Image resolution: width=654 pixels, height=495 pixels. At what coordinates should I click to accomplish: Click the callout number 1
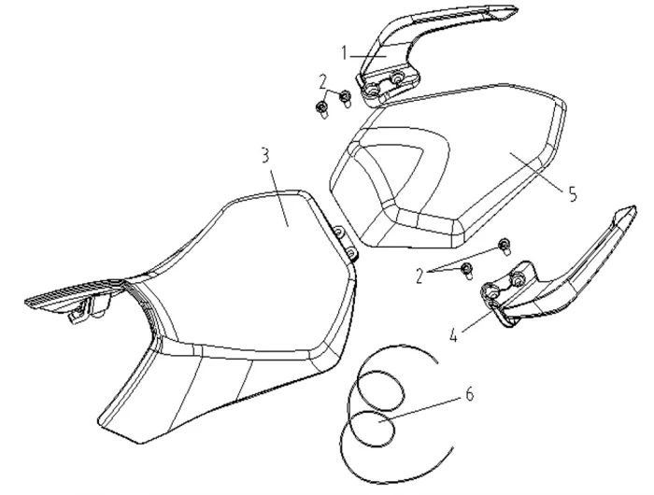[344, 53]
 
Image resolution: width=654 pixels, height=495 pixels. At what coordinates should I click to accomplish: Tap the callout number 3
[265, 155]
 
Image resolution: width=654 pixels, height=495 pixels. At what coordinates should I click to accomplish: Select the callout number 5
[572, 194]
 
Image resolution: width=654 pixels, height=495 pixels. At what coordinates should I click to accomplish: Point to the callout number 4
[455, 335]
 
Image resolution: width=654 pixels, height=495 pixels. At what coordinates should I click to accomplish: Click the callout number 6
[470, 393]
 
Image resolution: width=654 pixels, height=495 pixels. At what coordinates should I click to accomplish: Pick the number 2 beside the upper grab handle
[323, 82]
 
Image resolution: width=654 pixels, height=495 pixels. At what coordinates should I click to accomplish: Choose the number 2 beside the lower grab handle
[420, 276]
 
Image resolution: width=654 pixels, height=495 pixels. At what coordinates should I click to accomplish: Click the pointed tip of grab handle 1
[517, 8]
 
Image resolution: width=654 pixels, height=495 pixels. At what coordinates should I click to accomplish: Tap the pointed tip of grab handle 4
[634, 207]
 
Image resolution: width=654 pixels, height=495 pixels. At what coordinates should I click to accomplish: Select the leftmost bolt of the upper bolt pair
[322, 109]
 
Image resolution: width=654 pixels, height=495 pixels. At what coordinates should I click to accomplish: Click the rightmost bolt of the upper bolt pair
[346, 98]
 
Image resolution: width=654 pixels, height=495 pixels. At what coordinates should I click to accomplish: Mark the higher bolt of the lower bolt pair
[505, 245]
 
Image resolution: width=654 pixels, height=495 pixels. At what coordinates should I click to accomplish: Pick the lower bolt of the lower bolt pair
[467, 270]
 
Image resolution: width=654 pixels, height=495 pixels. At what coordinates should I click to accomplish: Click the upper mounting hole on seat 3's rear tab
[339, 231]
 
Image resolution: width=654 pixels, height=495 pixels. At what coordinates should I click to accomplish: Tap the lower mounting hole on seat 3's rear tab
[351, 252]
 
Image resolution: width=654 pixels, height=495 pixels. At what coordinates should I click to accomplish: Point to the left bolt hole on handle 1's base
[371, 89]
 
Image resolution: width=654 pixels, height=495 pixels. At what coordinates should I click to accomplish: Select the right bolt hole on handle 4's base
[518, 277]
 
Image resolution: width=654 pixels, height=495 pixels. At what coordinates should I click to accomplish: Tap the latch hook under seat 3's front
[79, 313]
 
